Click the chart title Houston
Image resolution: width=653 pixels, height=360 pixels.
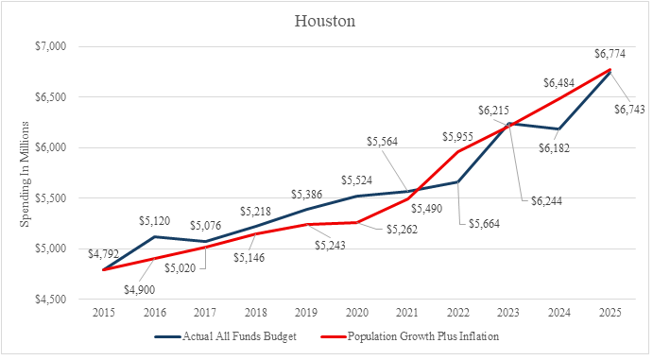coord(325,21)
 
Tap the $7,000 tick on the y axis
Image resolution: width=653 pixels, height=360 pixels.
coord(51,46)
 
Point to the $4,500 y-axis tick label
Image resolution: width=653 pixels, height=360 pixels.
coord(51,300)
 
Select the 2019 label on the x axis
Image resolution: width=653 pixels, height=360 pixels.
coord(306,313)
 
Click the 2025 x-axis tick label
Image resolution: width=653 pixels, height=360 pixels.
coord(610,313)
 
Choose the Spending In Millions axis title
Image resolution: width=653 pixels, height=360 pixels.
coord(25,174)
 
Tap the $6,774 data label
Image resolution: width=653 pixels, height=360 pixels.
coord(610,54)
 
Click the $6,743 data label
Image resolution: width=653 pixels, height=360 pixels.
coord(629,110)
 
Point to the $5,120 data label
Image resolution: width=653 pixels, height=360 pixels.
coord(154,221)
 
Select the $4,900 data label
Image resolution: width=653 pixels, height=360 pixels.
coord(140,290)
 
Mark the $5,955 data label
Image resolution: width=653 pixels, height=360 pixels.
coord(457,137)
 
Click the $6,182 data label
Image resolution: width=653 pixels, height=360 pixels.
coord(554,148)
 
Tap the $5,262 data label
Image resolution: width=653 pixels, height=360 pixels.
coord(402,230)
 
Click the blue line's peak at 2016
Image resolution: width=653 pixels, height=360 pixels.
coord(154,236)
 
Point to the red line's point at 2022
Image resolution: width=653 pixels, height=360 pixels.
coord(458,151)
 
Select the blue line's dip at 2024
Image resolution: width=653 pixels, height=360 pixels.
coord(558,129)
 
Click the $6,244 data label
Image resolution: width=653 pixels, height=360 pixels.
coord(546,201)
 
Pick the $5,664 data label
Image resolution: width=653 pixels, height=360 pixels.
coord(484,224)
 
